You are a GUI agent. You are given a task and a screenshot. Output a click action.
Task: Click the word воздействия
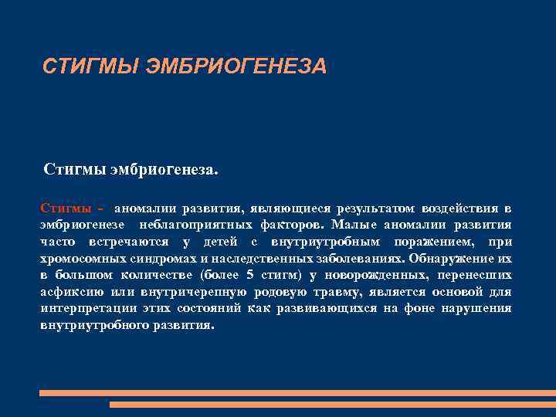(459, 208)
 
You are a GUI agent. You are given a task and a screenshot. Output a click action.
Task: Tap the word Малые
(354, 225)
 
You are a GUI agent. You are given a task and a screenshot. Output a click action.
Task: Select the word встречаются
(123, 241)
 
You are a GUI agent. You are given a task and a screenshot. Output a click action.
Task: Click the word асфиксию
(66, 292)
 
